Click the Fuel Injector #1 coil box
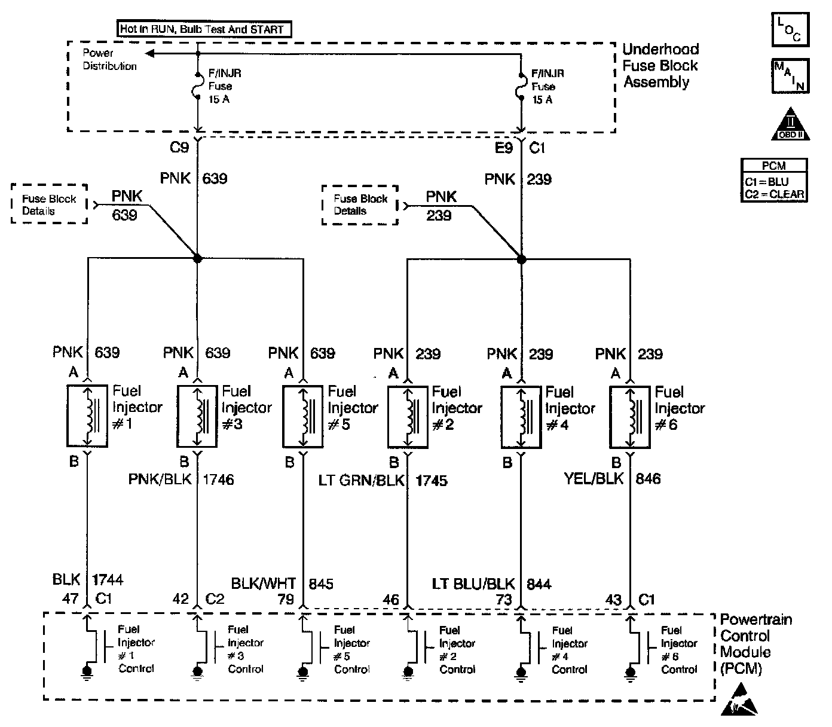tap(87, 416)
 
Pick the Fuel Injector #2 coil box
tap(408, 417)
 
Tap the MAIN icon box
tap(790, 75)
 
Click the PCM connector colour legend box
tap(774, 180)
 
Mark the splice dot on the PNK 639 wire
tap(198, 258)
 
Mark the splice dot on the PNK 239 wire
tap(521, 259)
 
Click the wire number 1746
tap(219, 479)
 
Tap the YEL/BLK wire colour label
tap(594, 478)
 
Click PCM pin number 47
tap(71, 598)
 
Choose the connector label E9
tap(504, 148)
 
